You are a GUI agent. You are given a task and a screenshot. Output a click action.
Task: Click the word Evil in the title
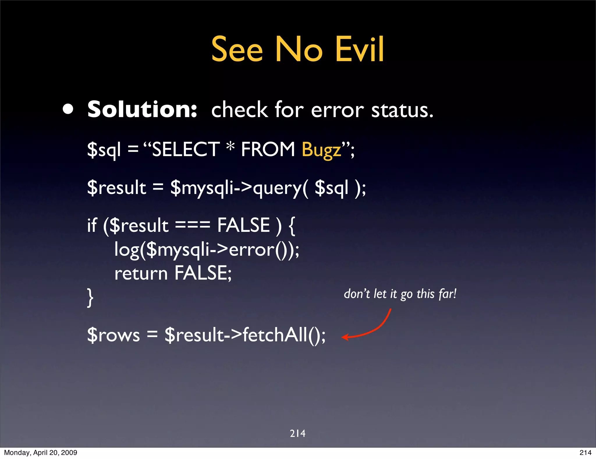point(360,49)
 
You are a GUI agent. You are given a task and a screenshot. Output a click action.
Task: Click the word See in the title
point(237,49)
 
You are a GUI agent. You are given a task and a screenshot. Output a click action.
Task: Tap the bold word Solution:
point(142,110)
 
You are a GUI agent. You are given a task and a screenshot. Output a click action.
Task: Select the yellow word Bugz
point(321,150)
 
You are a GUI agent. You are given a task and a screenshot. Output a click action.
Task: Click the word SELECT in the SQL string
point(186,149)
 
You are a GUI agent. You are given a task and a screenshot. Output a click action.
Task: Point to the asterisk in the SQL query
point(230,146)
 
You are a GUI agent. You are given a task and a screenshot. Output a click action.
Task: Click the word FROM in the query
point(268,149)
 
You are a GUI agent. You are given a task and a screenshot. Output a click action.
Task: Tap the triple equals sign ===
point(192,225)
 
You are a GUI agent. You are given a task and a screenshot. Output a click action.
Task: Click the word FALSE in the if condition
point(244,225)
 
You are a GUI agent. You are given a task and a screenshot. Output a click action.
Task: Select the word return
point(141,274)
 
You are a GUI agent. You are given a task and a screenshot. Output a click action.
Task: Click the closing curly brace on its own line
point(90,297)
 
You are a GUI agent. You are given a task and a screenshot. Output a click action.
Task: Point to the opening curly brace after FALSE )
point(292,225)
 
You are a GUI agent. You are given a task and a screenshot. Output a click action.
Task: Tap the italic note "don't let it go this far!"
point(400,294)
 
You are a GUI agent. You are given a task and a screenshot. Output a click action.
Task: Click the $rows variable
point(113,335)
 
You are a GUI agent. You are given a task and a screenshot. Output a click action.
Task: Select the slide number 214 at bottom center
point(297,433)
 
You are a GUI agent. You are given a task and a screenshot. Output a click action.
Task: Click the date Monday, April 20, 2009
point(40,453)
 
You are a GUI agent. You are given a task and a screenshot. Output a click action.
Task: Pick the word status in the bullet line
point(402,110)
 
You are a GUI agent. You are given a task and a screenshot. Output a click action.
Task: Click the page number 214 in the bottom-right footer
point(585,453)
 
